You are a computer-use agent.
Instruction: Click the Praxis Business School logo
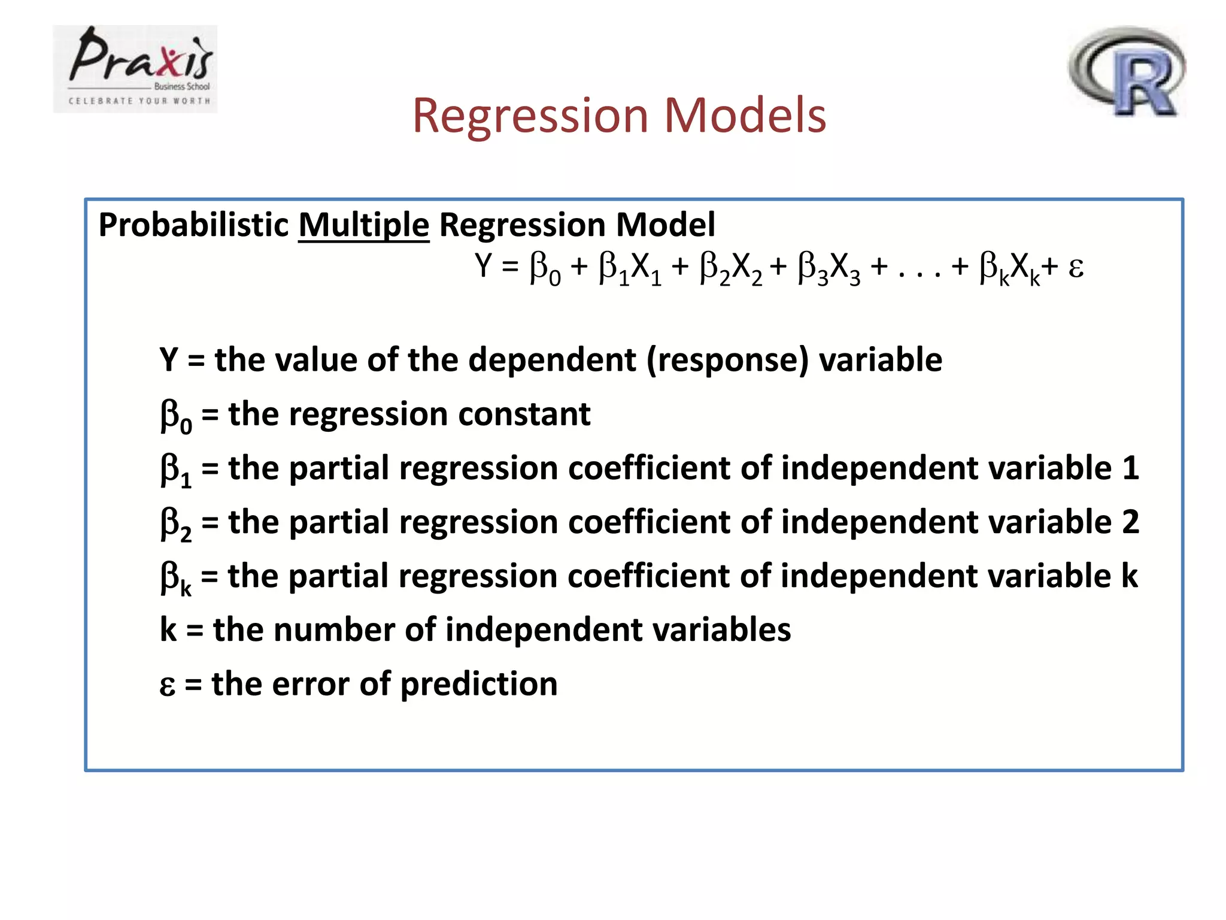point(135,69)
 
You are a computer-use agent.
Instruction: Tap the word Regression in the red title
point(530,116)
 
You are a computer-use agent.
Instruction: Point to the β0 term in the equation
point(545,268)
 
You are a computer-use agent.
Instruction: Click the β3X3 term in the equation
point(829,268)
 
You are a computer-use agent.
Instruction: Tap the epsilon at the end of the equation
point(1076,267)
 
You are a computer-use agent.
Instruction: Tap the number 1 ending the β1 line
point(1130,468)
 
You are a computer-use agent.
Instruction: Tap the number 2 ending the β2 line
point(1130,522)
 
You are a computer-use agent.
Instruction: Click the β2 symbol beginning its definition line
point(175,523)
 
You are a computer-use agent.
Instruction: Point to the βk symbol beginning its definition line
point(175,577)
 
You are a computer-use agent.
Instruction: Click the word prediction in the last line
point(478,684)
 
